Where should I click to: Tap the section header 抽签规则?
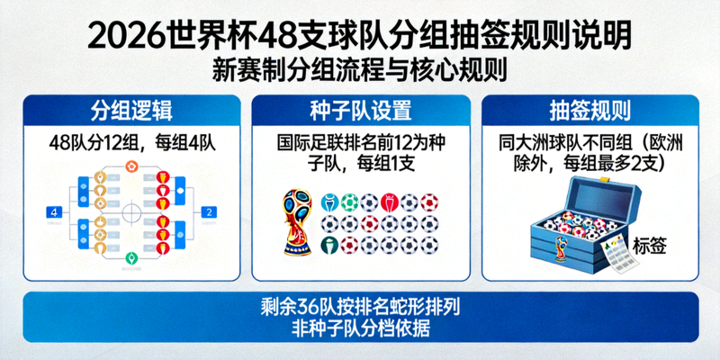click(589, 112)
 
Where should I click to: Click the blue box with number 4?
click(55, 212)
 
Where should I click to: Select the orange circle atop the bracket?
click(131, 166)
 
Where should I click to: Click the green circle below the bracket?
click(131, 258)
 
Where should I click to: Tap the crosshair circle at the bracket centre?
click(131, 213)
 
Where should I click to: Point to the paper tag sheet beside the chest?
click(619, 256)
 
